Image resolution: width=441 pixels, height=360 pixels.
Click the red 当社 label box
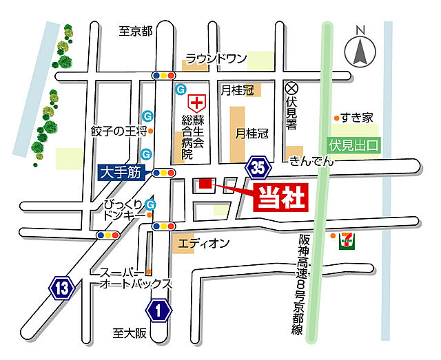click(x=281, y=198)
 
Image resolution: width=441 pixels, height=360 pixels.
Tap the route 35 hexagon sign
click(x=258, y=166)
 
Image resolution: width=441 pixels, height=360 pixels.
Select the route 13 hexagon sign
click(x=62, y=288)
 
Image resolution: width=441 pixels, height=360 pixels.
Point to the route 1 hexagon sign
click(x=159, y=311)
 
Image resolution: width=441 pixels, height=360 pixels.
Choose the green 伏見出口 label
click(x=354, y=145)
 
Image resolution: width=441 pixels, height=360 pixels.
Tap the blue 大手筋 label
click(x=119, y=172)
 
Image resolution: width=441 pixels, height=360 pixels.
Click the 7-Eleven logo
click(x=349, y=240)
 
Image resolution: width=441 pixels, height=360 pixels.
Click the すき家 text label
click(x=359, y=117)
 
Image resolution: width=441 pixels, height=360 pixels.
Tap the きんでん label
click(x=311, y=161)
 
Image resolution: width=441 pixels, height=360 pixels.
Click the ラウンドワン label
click(x=216, y=59)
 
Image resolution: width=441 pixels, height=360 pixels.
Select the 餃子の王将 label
click(x=119, y=130)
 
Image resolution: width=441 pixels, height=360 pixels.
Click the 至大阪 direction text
click(x=131, y=333)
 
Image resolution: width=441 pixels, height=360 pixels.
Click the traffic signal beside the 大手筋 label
click(x=164, y=172)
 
